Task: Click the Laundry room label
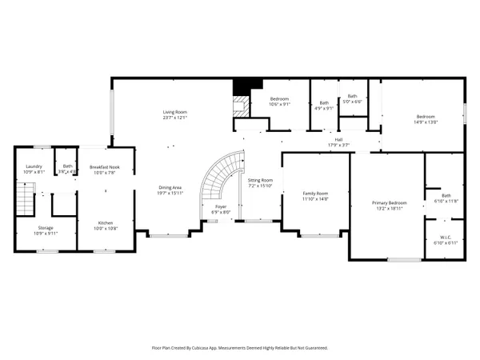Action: (x=34, y=166)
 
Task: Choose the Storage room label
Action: (x=45, y=228)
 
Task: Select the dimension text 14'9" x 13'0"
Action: (x=426, y=122)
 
